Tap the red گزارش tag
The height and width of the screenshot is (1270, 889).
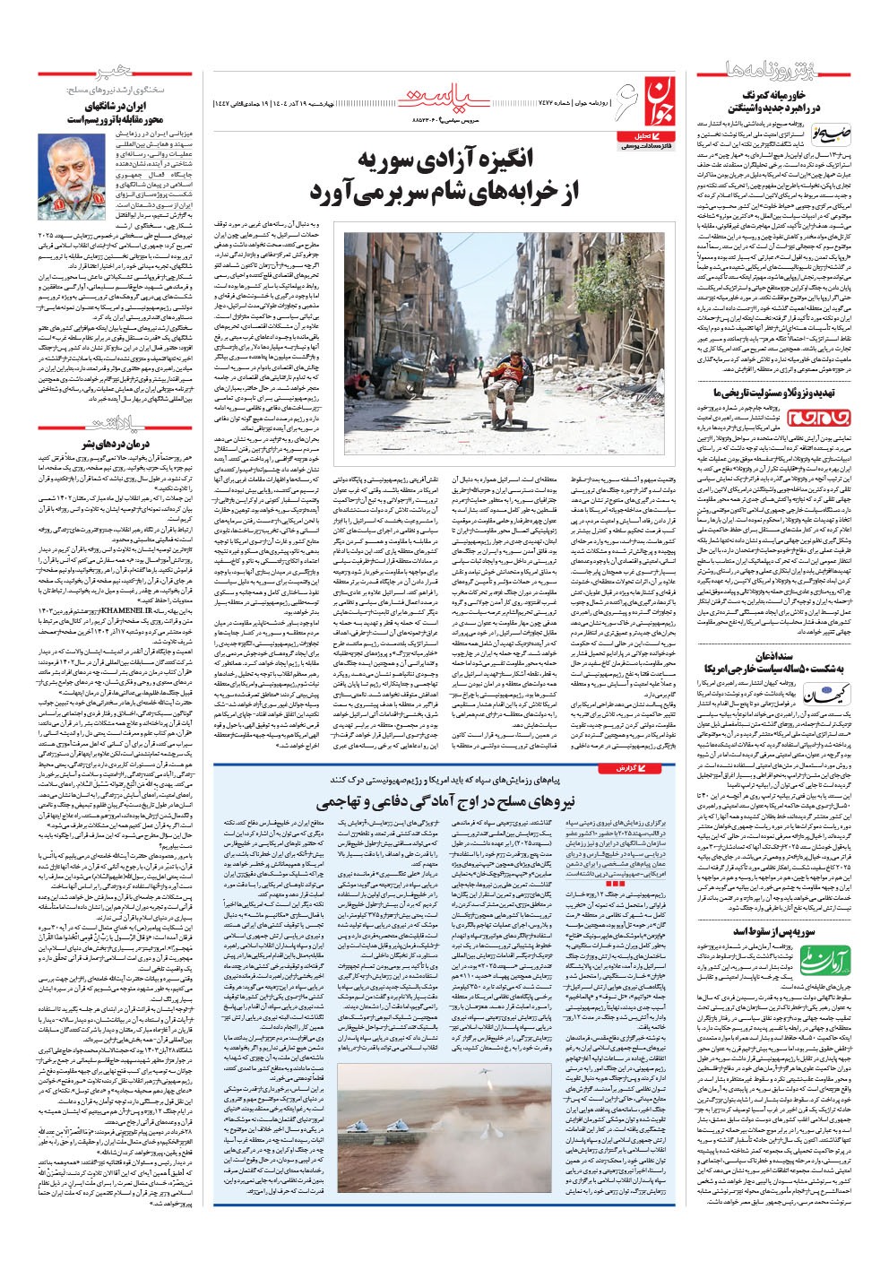[x=626, y=768]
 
